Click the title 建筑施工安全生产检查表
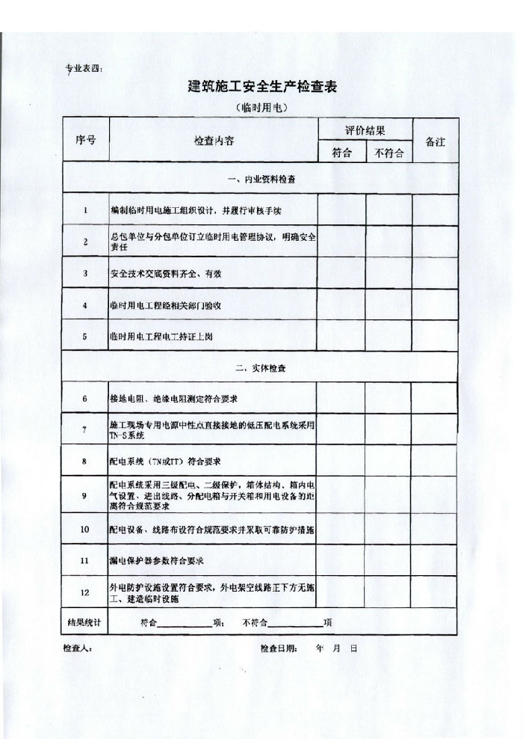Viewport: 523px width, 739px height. pyautogui.click(x=262, y=86)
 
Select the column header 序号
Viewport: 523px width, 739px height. pyautogui.click(x=85, y=140)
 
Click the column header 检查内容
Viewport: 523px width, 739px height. pyautogui.click(x=214, y=141)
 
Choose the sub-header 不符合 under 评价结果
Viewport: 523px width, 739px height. pyautogui.click(x=389, y=153)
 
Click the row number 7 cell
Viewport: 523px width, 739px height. pyautogui.click(x=85, y=429)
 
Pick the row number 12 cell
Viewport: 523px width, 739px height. pyautogui.click(x=85, y=592)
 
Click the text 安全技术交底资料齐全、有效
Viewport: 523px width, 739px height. pyautogui.click(x=165, y=274)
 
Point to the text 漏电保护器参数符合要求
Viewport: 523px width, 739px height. pyautogui.click(x=157, y=560)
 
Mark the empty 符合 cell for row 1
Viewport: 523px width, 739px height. pyautogui.click(x=341, y=210)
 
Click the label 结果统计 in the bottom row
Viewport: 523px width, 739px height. pyautogui.click(x=84, y=622)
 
